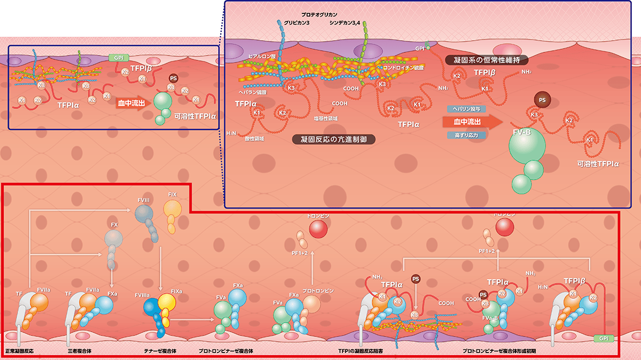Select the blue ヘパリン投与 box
466,108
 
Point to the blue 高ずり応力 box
466,135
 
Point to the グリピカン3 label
297,23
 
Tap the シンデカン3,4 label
347,23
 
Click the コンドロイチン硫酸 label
403,68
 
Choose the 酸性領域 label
255,138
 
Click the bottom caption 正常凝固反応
20,350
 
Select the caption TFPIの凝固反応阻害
361,350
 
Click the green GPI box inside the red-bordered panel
604,339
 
